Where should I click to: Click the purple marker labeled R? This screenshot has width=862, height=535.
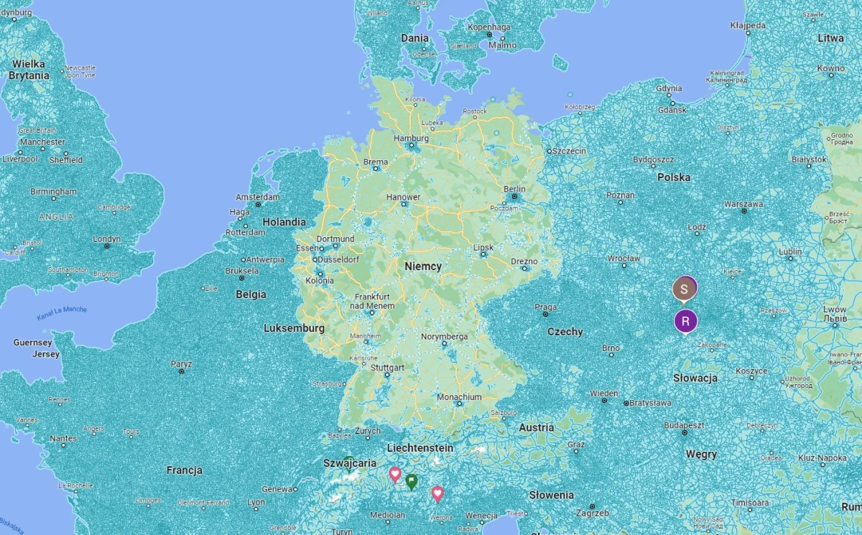click(685, 320)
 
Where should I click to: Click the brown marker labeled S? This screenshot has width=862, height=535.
click(684, 289)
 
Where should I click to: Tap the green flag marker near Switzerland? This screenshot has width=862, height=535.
click(411, 480)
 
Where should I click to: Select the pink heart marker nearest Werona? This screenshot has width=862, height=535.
click(437, 493)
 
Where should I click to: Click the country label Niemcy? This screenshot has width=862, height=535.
click(423, 266)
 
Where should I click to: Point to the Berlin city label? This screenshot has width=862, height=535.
click(514, 190)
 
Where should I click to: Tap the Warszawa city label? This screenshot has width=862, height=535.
click(743, 204)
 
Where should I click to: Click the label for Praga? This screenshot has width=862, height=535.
click(545, 307)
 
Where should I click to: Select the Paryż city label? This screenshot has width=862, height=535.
click(181, 364)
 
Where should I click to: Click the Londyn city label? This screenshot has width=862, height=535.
click(106, 239)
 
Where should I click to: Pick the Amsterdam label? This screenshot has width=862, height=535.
click(258, 197)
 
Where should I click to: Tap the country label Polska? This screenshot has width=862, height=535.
click(673, 177)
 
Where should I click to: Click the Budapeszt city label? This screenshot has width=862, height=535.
click(683, 425)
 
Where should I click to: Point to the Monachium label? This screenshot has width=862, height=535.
click(459, 397)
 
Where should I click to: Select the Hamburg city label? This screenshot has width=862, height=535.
click(411, 139)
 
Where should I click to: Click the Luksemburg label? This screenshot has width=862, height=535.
click(294, 328)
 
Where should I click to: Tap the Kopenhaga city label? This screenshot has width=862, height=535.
click(489, 27)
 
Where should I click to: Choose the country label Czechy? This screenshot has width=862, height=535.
click(565, 332)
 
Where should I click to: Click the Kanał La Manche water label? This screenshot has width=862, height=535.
click(62, 313)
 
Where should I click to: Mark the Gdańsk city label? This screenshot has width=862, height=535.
click(672, 110)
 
